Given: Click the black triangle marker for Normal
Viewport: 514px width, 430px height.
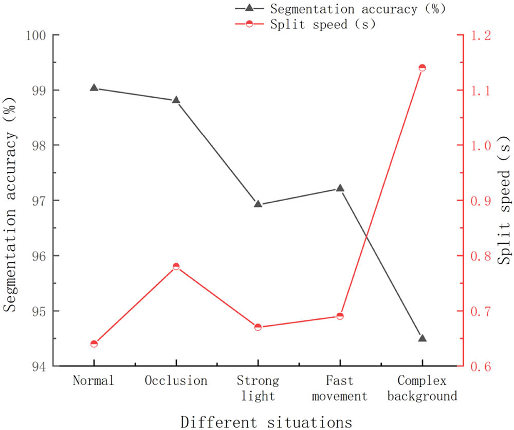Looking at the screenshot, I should pos(94,88).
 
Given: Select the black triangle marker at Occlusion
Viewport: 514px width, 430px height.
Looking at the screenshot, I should pos(176,100).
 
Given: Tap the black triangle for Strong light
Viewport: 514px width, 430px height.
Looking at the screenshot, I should pos(258,204).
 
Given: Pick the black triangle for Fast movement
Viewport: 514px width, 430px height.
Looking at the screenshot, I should pos(340,188).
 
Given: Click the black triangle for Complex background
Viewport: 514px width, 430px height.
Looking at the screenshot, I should pos(422,338).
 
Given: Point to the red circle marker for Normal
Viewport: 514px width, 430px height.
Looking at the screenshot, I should pos(94,344).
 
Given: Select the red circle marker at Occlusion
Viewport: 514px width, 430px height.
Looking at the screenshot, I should pos(176,266).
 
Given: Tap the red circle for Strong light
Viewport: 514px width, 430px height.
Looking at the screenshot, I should pos(258,327).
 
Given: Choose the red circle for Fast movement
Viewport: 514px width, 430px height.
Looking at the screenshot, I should pos(340,316).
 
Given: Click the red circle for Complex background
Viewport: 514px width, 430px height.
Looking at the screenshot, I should pos(422,68).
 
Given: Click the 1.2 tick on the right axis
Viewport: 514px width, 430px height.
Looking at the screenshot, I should pos(478,35).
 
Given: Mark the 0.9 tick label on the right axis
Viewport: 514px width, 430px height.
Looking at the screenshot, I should pos(478,201).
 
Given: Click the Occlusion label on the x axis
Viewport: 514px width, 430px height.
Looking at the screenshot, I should pos(176,381).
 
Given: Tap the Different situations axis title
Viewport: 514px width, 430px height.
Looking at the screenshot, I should pos(266,421).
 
